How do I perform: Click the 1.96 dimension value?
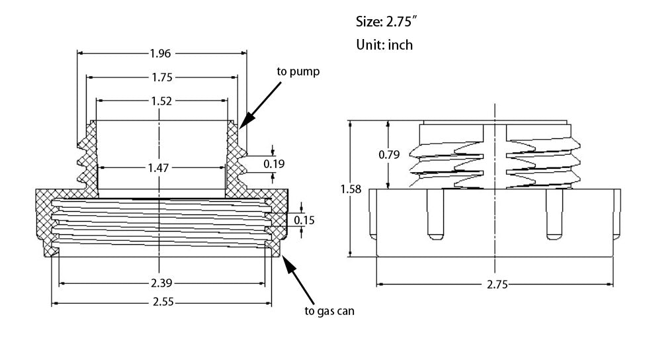(x=161, y=53)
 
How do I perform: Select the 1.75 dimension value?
(x=161, y=77)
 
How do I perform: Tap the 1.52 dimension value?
(x=161, y=101)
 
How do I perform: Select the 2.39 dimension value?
(x=161, y=284)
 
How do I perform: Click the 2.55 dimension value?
(x=161, y=304)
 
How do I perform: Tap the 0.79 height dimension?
(x=389, y=155)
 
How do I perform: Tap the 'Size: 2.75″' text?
(x=386, y=22)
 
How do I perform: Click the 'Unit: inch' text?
(x=384, y=44)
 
